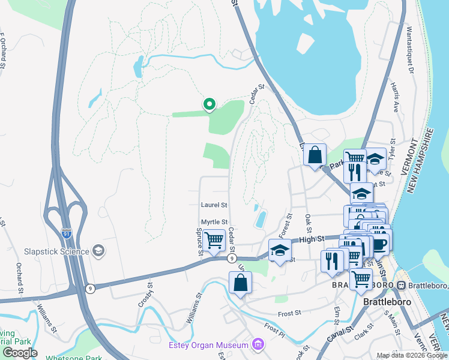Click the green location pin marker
[209, 105]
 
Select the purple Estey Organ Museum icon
[258, 344]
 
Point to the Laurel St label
[214, 205]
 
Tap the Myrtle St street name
[214, 222]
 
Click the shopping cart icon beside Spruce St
[214, 241]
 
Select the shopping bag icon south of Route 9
[240, 283]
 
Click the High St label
[311, 239]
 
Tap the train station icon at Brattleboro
[401, 285]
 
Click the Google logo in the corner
[20, 353]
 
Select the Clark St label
[365, 332]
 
